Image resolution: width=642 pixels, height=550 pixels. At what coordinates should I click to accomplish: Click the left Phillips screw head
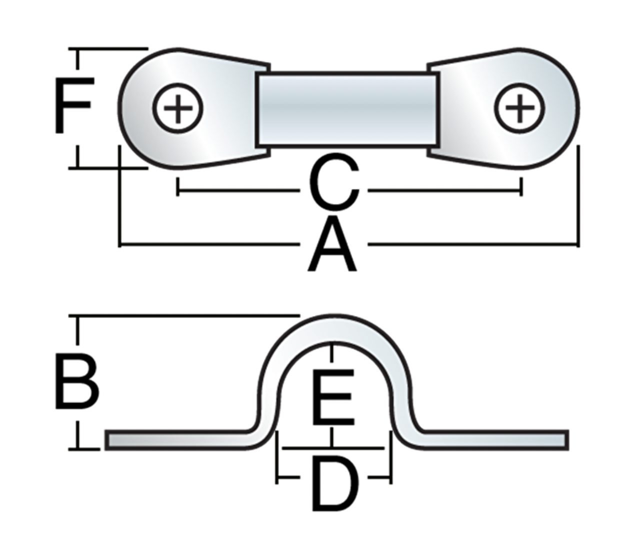coord(177,107)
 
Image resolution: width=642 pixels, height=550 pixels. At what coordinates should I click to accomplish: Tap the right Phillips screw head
coord(520,107)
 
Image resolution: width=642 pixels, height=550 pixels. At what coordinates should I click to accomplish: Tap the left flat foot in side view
coord(175,439)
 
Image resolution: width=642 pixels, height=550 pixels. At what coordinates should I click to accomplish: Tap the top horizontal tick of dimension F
coord(107,49)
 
